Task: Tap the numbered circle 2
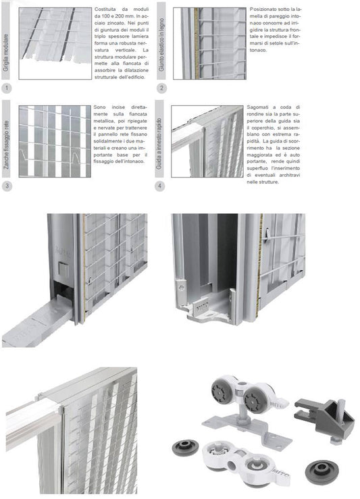(x=161, y=88)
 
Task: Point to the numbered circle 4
(x=161, y=186)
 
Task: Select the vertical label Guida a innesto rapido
(x=161, y=142)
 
